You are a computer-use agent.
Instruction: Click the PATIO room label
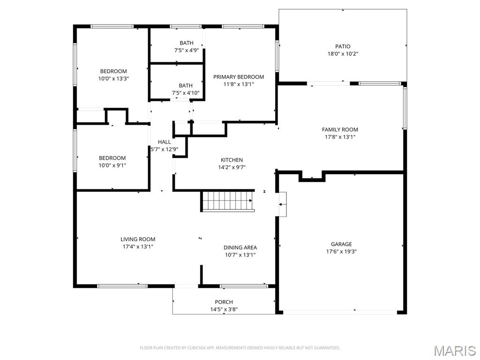[x=343, y=46]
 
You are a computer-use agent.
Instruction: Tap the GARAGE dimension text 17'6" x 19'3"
[x=341, y=252]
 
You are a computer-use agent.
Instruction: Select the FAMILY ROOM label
[x=340, y=129]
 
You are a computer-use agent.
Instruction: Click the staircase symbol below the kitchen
[x=228, y=201]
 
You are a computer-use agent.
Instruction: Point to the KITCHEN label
[x=232, y=160]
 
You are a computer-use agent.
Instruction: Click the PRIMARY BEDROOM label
[x=239, y=77]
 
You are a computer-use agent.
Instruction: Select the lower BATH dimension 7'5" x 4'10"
[x=186, y=93]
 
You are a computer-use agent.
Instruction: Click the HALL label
[x=164, y=142]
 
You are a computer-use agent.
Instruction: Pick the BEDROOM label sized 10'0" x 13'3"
[x=113, y=71]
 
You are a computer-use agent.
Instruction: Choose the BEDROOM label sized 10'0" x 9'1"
[x=112, y=158]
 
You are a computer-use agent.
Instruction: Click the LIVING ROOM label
[x=138, y=239]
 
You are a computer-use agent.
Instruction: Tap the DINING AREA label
[x=240, y=247]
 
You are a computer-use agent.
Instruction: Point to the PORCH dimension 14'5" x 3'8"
[x=224, y=309]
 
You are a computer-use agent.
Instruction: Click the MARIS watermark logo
[x=455, y=351]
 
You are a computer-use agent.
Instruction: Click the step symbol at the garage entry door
[x=282, y=204]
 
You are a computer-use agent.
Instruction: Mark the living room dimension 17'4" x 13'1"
[x=138, y=247]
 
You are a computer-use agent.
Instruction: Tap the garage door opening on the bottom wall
[x=341, y=311]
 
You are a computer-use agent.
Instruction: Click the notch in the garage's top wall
[x=312, y=177]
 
